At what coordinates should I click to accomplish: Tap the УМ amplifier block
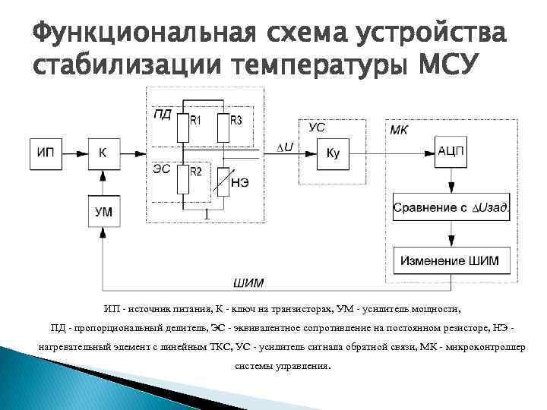point(103,212)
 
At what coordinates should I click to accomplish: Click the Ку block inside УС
point(333,153)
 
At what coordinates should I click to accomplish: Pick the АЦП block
point(451,151)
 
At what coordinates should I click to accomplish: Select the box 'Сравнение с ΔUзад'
point(452,207)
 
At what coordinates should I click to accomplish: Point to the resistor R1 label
point(196,121)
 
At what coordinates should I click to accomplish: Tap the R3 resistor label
point(236,121)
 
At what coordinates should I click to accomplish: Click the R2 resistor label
point(196,172)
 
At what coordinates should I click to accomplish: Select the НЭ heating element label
point(241,183)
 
